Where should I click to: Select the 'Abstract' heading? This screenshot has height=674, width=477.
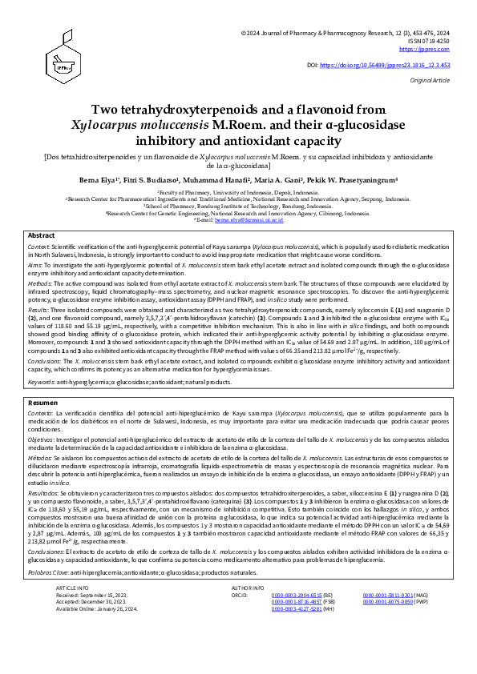tap(42, 236)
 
